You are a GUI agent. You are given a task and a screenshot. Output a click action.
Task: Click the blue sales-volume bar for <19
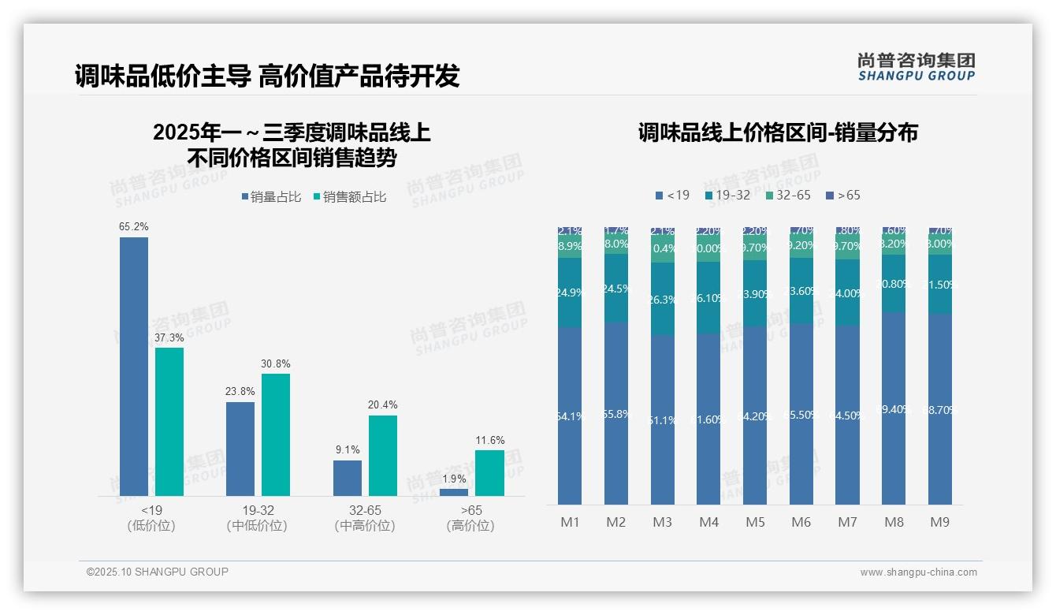pos(134,366)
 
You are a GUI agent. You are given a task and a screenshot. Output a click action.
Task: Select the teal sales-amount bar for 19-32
pos(276,434)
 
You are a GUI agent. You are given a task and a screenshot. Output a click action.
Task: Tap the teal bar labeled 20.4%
pos(382,455)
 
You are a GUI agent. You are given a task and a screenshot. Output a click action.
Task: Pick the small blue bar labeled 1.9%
pos(453,492)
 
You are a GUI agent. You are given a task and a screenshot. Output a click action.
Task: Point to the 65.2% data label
pos(134,226)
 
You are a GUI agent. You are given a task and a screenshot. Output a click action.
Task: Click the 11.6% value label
pos(489,440)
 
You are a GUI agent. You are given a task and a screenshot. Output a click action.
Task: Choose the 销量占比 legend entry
pos(272,197)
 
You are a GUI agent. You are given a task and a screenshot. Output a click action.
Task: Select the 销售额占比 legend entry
pos(350,197)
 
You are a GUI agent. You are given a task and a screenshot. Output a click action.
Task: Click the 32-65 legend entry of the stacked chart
pos(788,195)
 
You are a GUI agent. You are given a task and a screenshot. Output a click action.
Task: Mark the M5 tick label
pos(755,522)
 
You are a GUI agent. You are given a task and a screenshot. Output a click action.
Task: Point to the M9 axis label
pos(940,522)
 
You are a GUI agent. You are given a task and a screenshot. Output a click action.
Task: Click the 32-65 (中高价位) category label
pos(365,517)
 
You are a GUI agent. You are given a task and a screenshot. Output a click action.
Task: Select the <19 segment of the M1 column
pos(570,416)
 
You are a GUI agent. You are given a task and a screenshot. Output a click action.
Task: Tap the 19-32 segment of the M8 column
pos(894,283)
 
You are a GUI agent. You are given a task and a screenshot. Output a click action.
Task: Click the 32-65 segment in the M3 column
pos(663,249)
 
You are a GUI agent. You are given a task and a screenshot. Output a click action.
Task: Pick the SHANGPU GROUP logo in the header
pos(917,67)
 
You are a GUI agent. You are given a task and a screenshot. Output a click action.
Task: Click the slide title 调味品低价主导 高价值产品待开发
pos(267,76)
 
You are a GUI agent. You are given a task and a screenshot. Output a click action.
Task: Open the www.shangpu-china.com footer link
pos(918,572)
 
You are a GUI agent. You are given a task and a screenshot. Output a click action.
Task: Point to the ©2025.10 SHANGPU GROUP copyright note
pos(158,572)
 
